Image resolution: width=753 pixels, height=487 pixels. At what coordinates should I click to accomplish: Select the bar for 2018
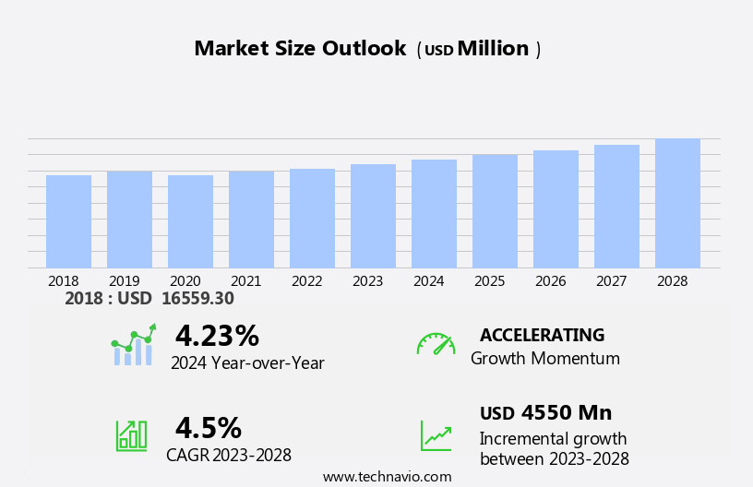pos(68,221)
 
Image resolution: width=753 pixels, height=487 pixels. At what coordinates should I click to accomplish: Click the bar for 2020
pos(190,221)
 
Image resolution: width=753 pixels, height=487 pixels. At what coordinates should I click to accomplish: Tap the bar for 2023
pos(373,216)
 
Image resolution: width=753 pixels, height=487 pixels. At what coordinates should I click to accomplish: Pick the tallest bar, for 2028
pos(677,203)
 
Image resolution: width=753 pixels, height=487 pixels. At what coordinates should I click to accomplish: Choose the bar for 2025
pos(495,211)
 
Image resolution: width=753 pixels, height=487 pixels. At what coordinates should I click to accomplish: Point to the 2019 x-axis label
pos(124,280)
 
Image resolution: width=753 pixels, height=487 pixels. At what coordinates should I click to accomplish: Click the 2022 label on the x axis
pos(306,280)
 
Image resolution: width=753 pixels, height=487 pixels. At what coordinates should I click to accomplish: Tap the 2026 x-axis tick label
pos(550,280)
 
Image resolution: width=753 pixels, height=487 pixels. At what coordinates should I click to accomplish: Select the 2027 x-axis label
pos(611,280)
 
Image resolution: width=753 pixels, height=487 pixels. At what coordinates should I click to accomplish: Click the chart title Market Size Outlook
pos(300,49)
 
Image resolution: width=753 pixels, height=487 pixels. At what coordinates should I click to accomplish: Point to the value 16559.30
pos(197,298)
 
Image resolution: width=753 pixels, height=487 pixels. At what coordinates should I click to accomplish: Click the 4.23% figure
pos(217,336)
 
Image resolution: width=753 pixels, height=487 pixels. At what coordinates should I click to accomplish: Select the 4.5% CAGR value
pos(209,428)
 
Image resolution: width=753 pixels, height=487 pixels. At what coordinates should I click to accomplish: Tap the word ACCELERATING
pos(542,335)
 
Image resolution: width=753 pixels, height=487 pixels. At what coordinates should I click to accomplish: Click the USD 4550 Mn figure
pos(545,412)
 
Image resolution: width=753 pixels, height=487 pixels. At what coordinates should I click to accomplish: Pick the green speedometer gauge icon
pos(435,344)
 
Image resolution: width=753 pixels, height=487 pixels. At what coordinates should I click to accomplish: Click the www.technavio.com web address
pos(387,477)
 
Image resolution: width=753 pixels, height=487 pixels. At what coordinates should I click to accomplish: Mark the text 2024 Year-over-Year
pos(247,363)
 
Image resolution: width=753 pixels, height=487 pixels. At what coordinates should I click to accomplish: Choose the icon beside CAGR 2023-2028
pos(131,434)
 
